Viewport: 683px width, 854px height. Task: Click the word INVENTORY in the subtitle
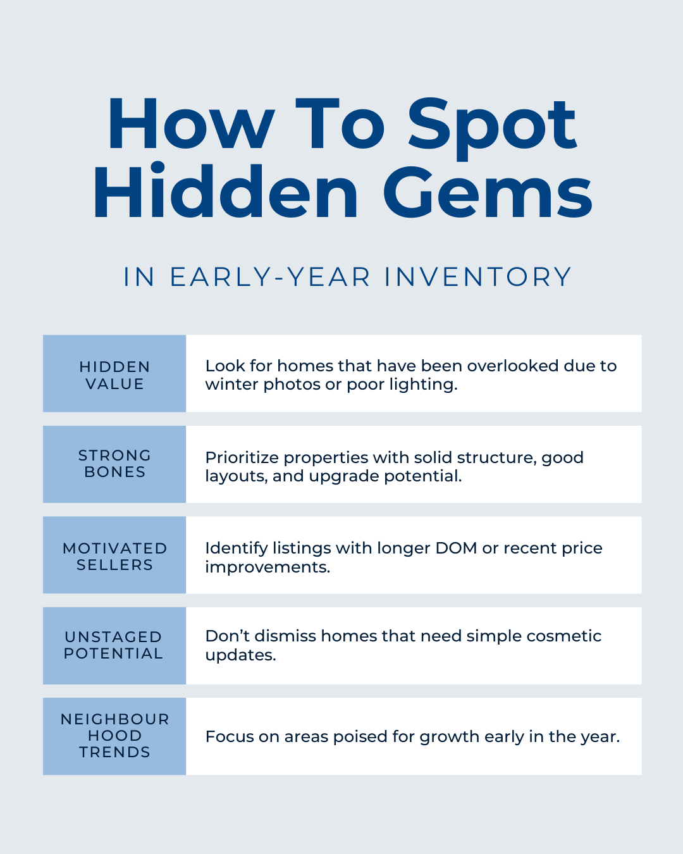(477, 277)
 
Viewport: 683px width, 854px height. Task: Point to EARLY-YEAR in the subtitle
(270, 277)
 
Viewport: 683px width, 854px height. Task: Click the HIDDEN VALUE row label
(114, 374)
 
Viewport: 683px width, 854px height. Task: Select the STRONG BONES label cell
(114, 464)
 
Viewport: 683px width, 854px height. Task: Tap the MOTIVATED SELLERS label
(114, 556)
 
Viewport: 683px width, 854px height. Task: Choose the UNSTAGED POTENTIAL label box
(114, 645)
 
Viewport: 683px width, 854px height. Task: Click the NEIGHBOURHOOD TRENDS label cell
(114, 736)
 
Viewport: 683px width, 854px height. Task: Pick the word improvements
(268, 567)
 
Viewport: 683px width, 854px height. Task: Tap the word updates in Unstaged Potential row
(240, 655)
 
